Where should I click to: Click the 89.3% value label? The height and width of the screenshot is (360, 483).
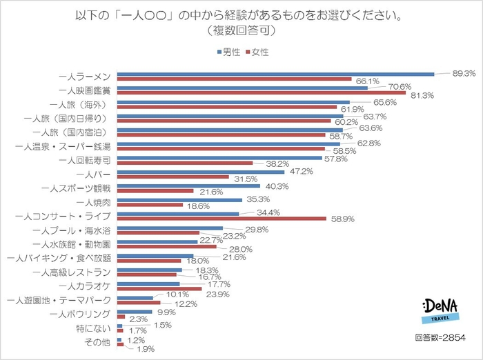click(464, 72)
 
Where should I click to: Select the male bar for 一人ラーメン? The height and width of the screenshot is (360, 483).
click(275, 74)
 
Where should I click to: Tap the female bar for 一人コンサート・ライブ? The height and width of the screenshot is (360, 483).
click(221, 219)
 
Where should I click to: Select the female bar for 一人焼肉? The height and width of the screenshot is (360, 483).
click(150, 205)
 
